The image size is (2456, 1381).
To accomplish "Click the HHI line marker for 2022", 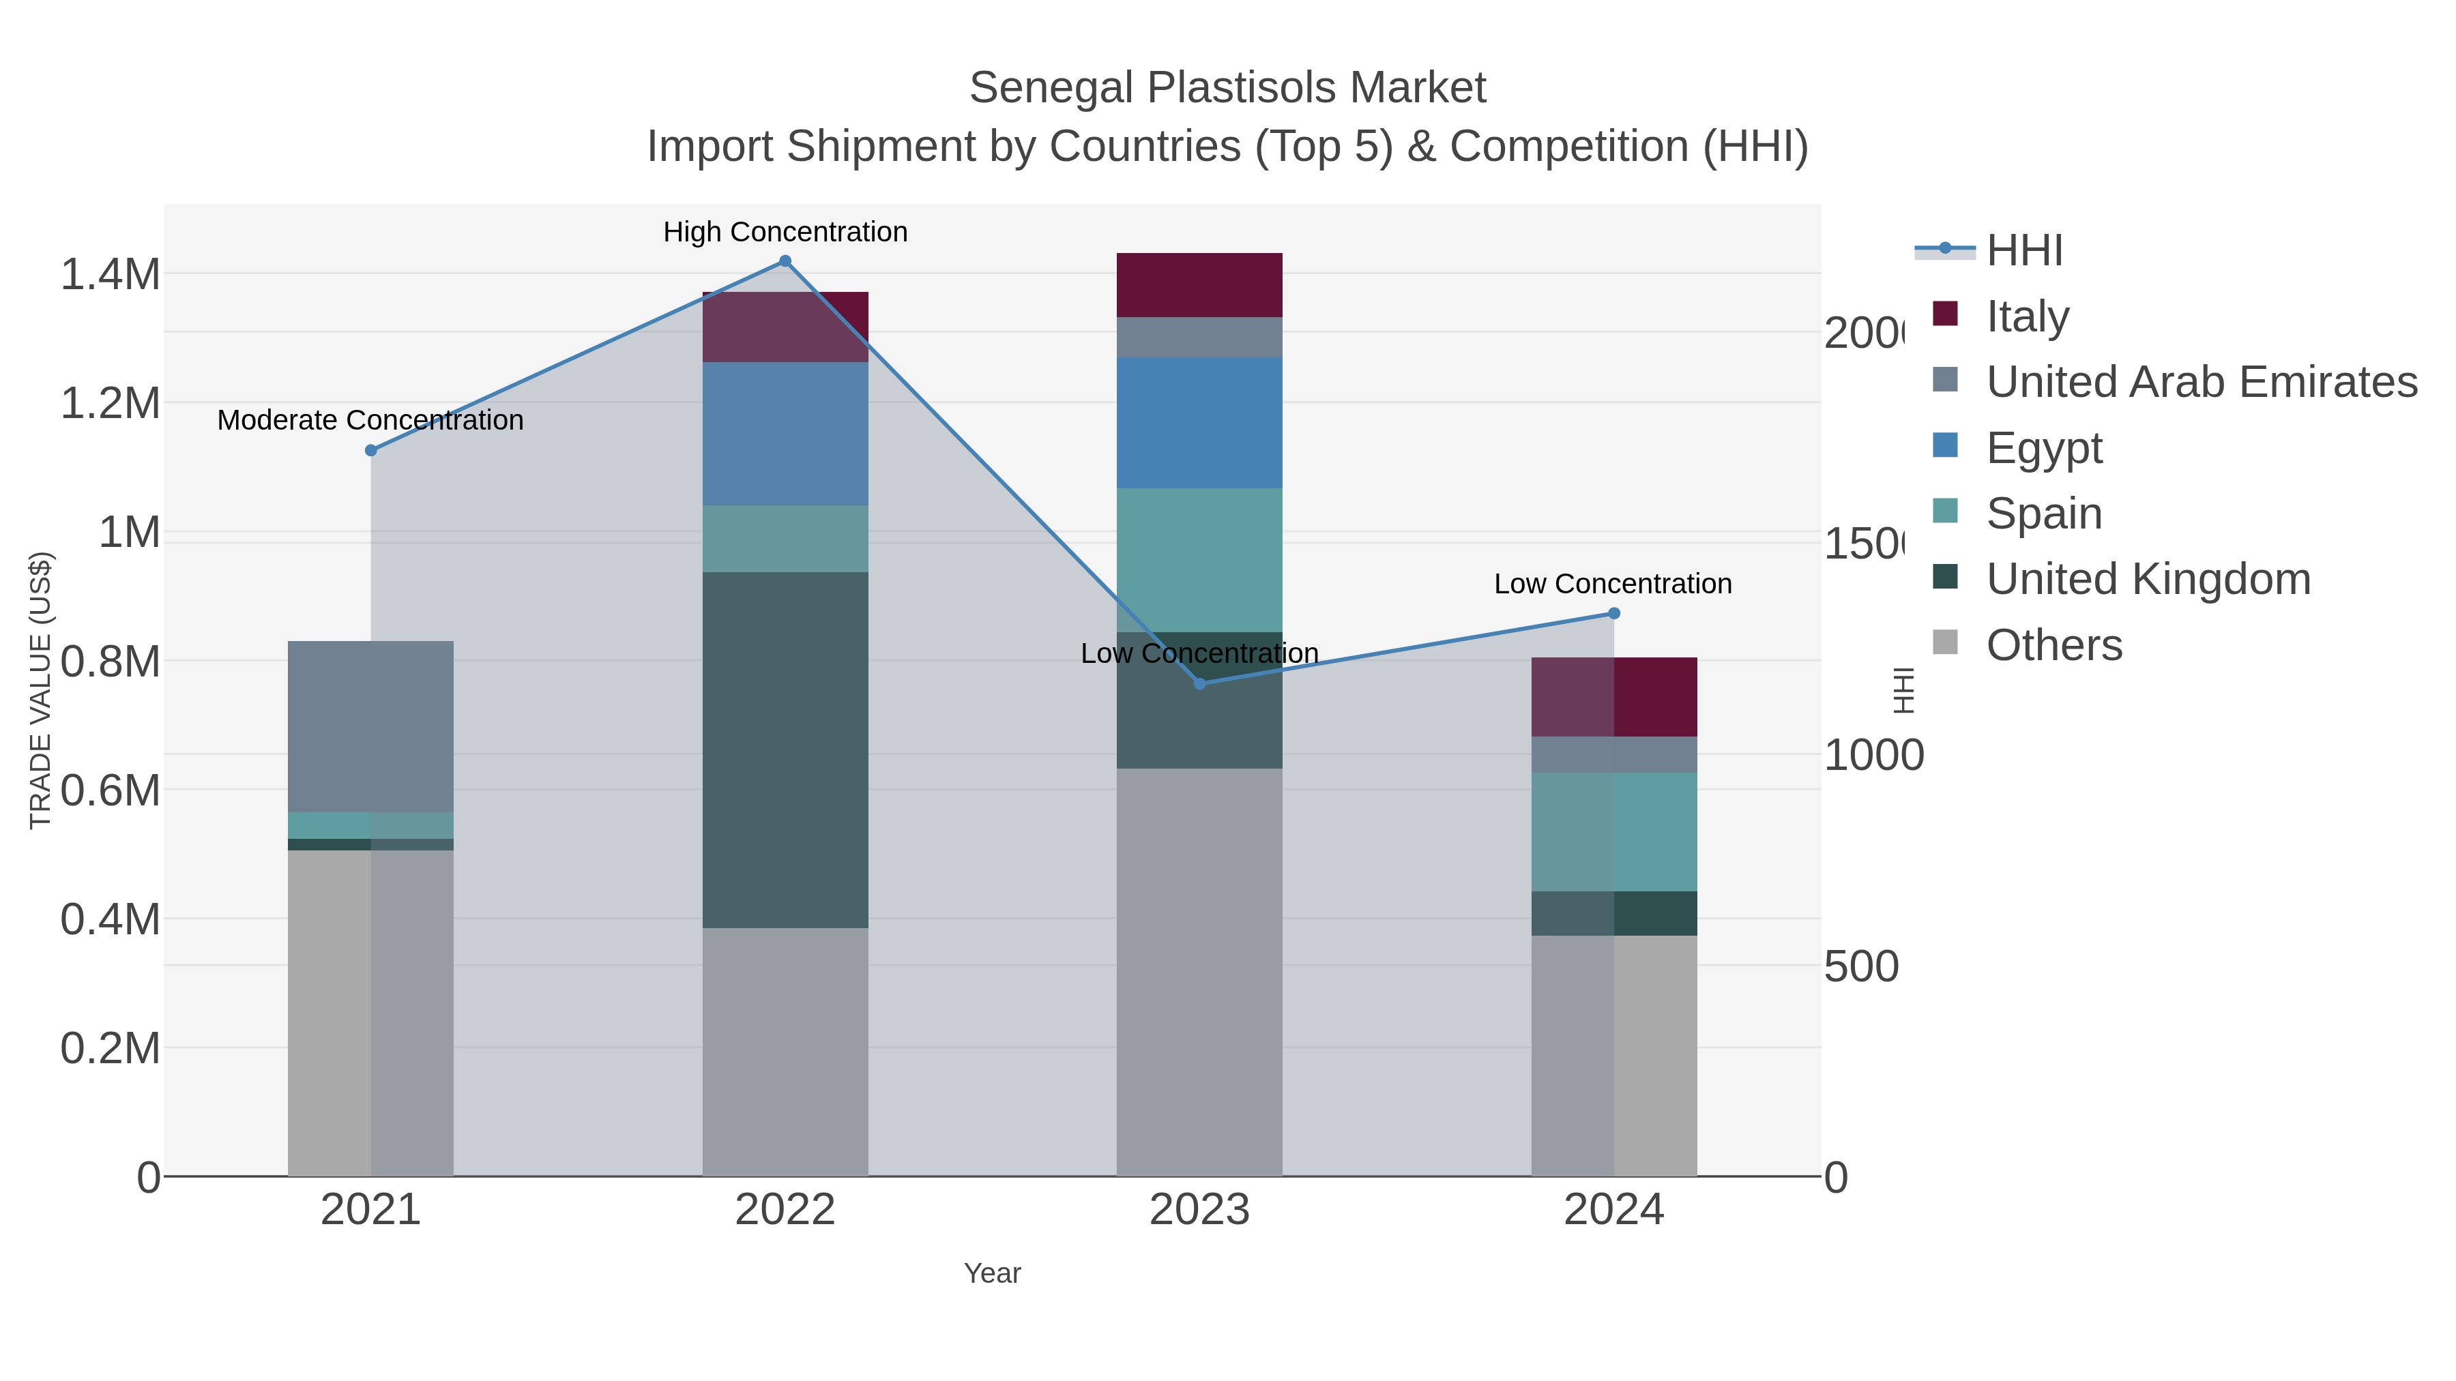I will click(x=785, y=261).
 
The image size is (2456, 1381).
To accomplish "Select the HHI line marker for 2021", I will click(x=371, y=451).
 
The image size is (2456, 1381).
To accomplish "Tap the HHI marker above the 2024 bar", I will click(x=1613, y=614).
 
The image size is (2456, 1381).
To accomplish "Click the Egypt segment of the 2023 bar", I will click(x=1199, y=423).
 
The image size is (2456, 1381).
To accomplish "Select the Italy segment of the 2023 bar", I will click(x=1199, y=285).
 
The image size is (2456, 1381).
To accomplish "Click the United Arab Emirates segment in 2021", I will click(x=371, y=726).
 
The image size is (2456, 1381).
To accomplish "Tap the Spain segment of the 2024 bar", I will click(x=1613, y=832).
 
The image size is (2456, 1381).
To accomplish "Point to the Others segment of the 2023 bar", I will click(x=1199, y=972).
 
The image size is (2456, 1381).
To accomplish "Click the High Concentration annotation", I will click(x=785, y=232).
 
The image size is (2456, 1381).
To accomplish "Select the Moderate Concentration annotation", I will click(x=371, y=420).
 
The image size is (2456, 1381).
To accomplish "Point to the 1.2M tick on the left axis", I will click(x=110, y=403).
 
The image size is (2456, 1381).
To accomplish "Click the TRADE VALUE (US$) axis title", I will click(x=40, y=690).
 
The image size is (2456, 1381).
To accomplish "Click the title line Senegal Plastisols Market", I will click(x=1227, y=88).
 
